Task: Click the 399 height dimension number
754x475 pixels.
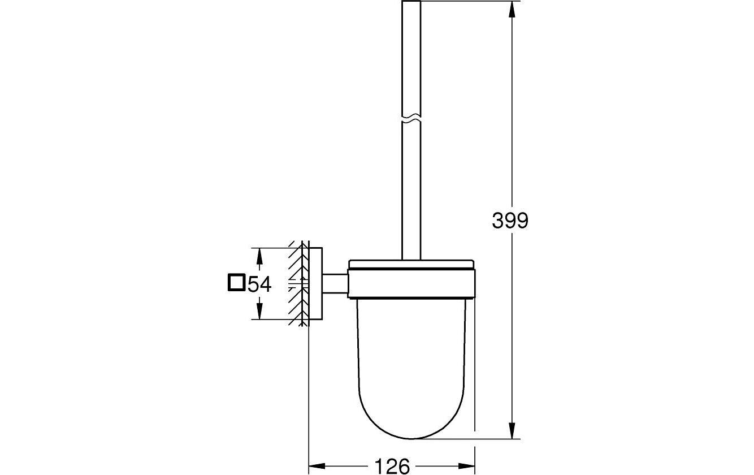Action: [x=510, y=221]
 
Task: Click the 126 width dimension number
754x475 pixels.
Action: [x=392, y=466]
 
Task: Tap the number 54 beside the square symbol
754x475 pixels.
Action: [x=260, y=284]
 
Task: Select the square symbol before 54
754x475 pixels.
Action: [x=236, y=282]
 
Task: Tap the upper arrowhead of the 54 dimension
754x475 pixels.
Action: [x=259, y=256]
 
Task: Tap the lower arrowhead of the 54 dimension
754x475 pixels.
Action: [x=259, y=312]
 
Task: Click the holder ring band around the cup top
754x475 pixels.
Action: [x=411, y=284]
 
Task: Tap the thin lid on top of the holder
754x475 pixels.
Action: [x=411, y=264]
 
